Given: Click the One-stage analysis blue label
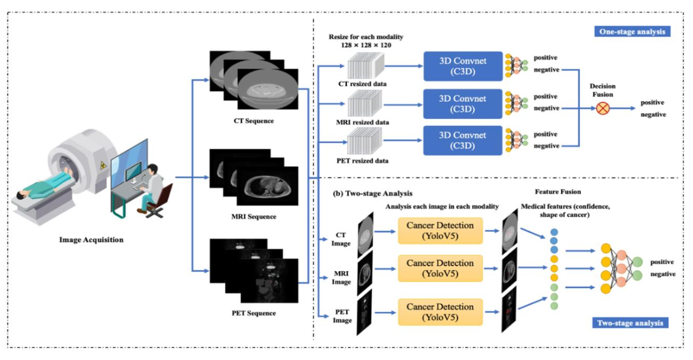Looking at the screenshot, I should pos(631,32).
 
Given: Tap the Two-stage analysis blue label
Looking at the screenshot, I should pos(630,323).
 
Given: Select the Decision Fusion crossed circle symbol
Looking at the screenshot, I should pos(602,108).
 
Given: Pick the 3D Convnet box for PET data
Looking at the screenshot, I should pos(462,140).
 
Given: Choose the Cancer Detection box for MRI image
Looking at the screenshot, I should pos(440,268).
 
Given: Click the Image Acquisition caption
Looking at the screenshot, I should pos(92,240).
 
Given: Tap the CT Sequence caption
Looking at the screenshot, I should pos(253,121).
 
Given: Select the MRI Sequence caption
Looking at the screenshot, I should pos(253,217).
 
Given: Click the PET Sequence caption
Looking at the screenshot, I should pos(253,313).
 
